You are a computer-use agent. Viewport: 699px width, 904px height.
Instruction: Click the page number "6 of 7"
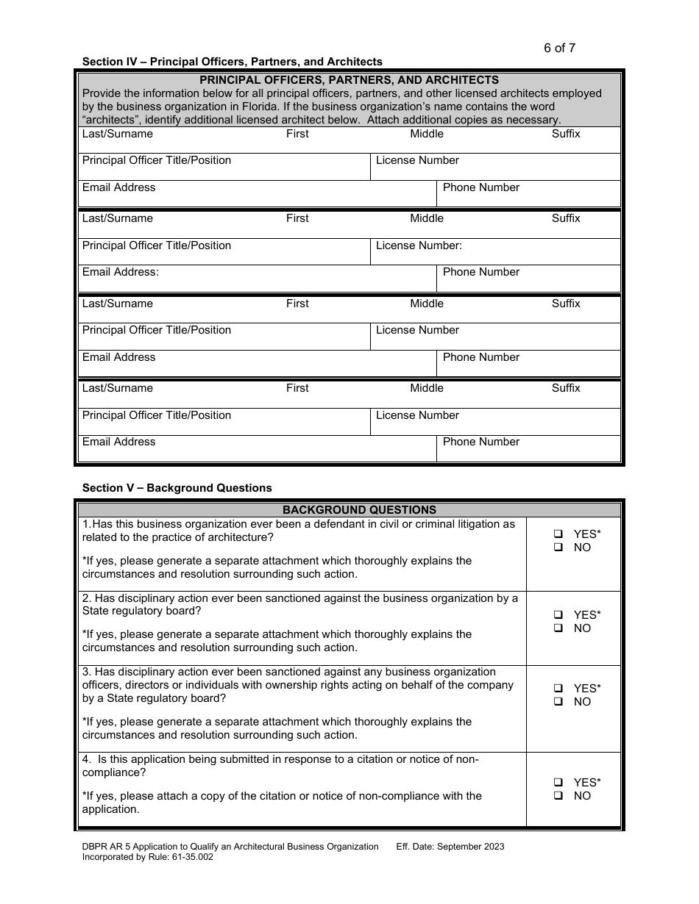(x=559, y=49)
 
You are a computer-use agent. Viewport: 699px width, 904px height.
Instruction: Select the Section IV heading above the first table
(x=232, y=62)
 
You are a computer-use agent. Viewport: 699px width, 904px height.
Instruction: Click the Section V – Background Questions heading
(x=177, y=488)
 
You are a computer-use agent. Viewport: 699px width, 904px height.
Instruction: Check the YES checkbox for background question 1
(x=558, y=534)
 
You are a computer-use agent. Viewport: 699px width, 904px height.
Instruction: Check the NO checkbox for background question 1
(x=558, y=548)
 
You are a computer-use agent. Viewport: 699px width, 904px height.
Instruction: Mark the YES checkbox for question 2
(x=558, y=615)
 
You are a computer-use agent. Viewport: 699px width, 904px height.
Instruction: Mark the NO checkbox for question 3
(x=558, y=702)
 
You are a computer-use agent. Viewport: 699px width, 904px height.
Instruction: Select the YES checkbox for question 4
(x=558, y=783)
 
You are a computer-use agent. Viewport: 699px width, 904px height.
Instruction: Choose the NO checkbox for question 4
(x=558, y=796)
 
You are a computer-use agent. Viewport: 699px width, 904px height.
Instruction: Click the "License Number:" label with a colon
(x=419, y=245)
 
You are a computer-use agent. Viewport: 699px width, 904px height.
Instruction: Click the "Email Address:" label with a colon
(x=121, y=272)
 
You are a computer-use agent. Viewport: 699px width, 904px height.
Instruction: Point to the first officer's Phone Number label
(x=480, y=187)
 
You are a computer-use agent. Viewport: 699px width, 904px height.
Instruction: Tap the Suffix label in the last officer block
(x=566, y=388)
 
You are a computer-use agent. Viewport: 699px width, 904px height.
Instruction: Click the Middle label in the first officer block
(x=427, y=134)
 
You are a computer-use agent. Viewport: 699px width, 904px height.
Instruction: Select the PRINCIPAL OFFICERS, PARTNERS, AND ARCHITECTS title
(x=349, y=80)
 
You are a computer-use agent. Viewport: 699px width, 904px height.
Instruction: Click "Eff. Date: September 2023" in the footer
(x=450, y=847)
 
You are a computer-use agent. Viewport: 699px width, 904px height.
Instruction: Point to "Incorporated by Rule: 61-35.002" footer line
(x=148, y=857)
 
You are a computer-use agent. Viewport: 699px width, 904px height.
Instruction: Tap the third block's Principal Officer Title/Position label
(x=157, y=330)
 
